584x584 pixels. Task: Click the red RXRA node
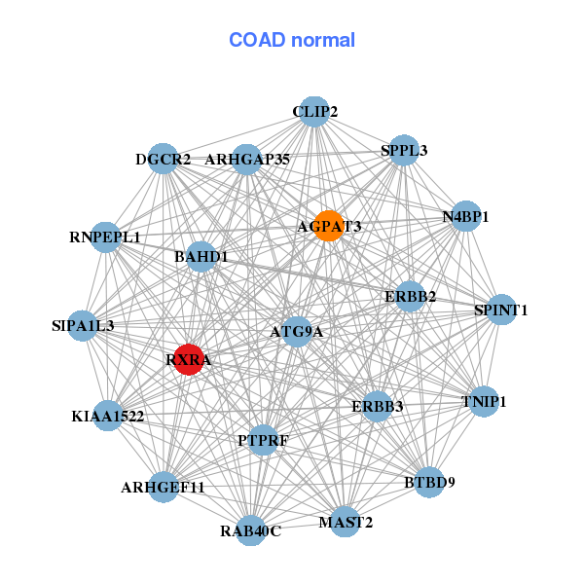point(188,359)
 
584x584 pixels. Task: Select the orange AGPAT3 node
point(329,226)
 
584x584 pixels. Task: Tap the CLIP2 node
point(313,112)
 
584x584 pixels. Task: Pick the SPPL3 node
point(403,150)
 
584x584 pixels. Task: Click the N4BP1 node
point(466,216)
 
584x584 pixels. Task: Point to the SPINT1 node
point(500,310)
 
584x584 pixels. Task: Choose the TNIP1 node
point(484,401)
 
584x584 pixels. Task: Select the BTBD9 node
point(429,481)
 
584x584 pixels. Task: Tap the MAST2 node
point(345,523)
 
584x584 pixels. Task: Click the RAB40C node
point(250,530)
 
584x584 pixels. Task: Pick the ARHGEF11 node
point(164,487)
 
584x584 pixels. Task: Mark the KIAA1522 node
point(108,416)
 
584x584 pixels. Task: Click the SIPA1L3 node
point(83,325)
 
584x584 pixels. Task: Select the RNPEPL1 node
point(105,237)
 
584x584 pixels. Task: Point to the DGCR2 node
point(163,159)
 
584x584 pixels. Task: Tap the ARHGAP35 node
point(247,159)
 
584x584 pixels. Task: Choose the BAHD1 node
point(201,257)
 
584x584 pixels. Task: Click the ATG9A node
point(296,332)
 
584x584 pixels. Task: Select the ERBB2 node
point(410,295)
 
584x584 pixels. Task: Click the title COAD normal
point(292,40)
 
